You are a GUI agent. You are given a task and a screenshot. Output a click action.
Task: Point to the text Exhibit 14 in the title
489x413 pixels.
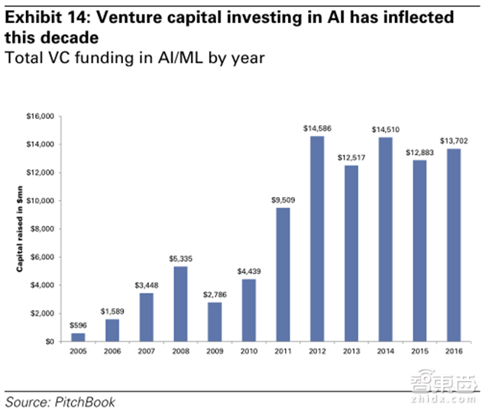coord(41,17)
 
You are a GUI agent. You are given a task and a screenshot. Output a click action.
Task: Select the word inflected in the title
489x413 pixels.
coord(423,17)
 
